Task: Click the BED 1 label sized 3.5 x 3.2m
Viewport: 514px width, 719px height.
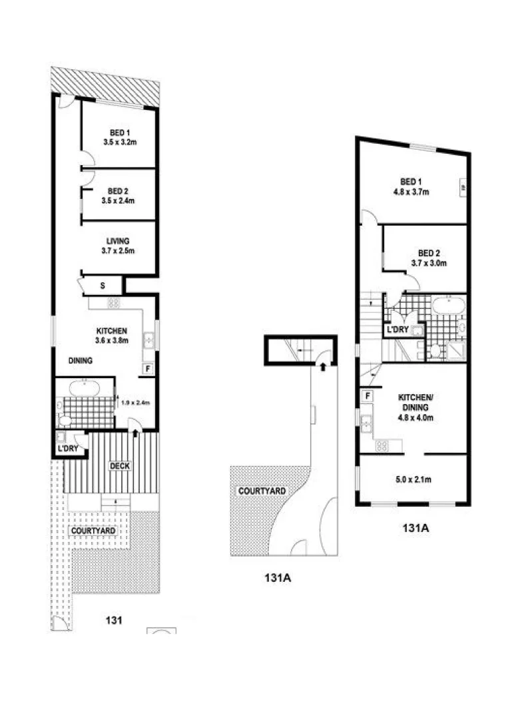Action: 120,137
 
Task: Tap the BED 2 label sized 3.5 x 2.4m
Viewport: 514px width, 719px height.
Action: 120,195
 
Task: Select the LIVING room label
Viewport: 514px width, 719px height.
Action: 118,246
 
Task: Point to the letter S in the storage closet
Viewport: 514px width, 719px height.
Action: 103,286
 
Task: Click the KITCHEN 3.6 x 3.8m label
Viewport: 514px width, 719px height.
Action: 111,335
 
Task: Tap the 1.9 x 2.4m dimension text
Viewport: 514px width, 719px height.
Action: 135,401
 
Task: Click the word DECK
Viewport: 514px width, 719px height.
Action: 120,466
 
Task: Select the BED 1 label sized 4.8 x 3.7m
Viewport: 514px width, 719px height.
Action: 411,186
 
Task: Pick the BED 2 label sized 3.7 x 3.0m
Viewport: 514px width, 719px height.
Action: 429,258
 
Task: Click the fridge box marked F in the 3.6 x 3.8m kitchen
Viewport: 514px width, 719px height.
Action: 147,368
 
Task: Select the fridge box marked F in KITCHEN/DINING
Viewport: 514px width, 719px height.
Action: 367,397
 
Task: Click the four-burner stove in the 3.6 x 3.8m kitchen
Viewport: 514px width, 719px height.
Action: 113,303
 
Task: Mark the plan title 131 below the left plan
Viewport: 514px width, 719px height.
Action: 114,621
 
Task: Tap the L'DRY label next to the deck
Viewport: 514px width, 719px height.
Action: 69,449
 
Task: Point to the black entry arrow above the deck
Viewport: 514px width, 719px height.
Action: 136,433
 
